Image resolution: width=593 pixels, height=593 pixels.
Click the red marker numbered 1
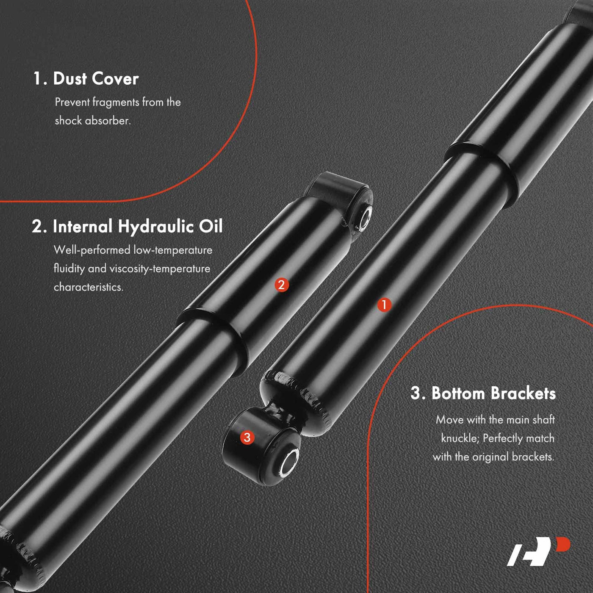[384, 305]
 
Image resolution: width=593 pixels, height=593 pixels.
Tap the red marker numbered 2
[282, 285]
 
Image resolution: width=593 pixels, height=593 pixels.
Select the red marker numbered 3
[247, 437]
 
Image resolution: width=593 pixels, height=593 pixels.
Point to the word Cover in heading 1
[115, 79]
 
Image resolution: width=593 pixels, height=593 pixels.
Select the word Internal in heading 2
[83, 227]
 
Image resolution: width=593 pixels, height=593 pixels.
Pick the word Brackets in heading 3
[523, 393]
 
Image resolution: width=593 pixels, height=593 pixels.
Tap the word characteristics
[89, 287]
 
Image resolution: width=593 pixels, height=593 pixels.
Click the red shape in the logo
[563, 544]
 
